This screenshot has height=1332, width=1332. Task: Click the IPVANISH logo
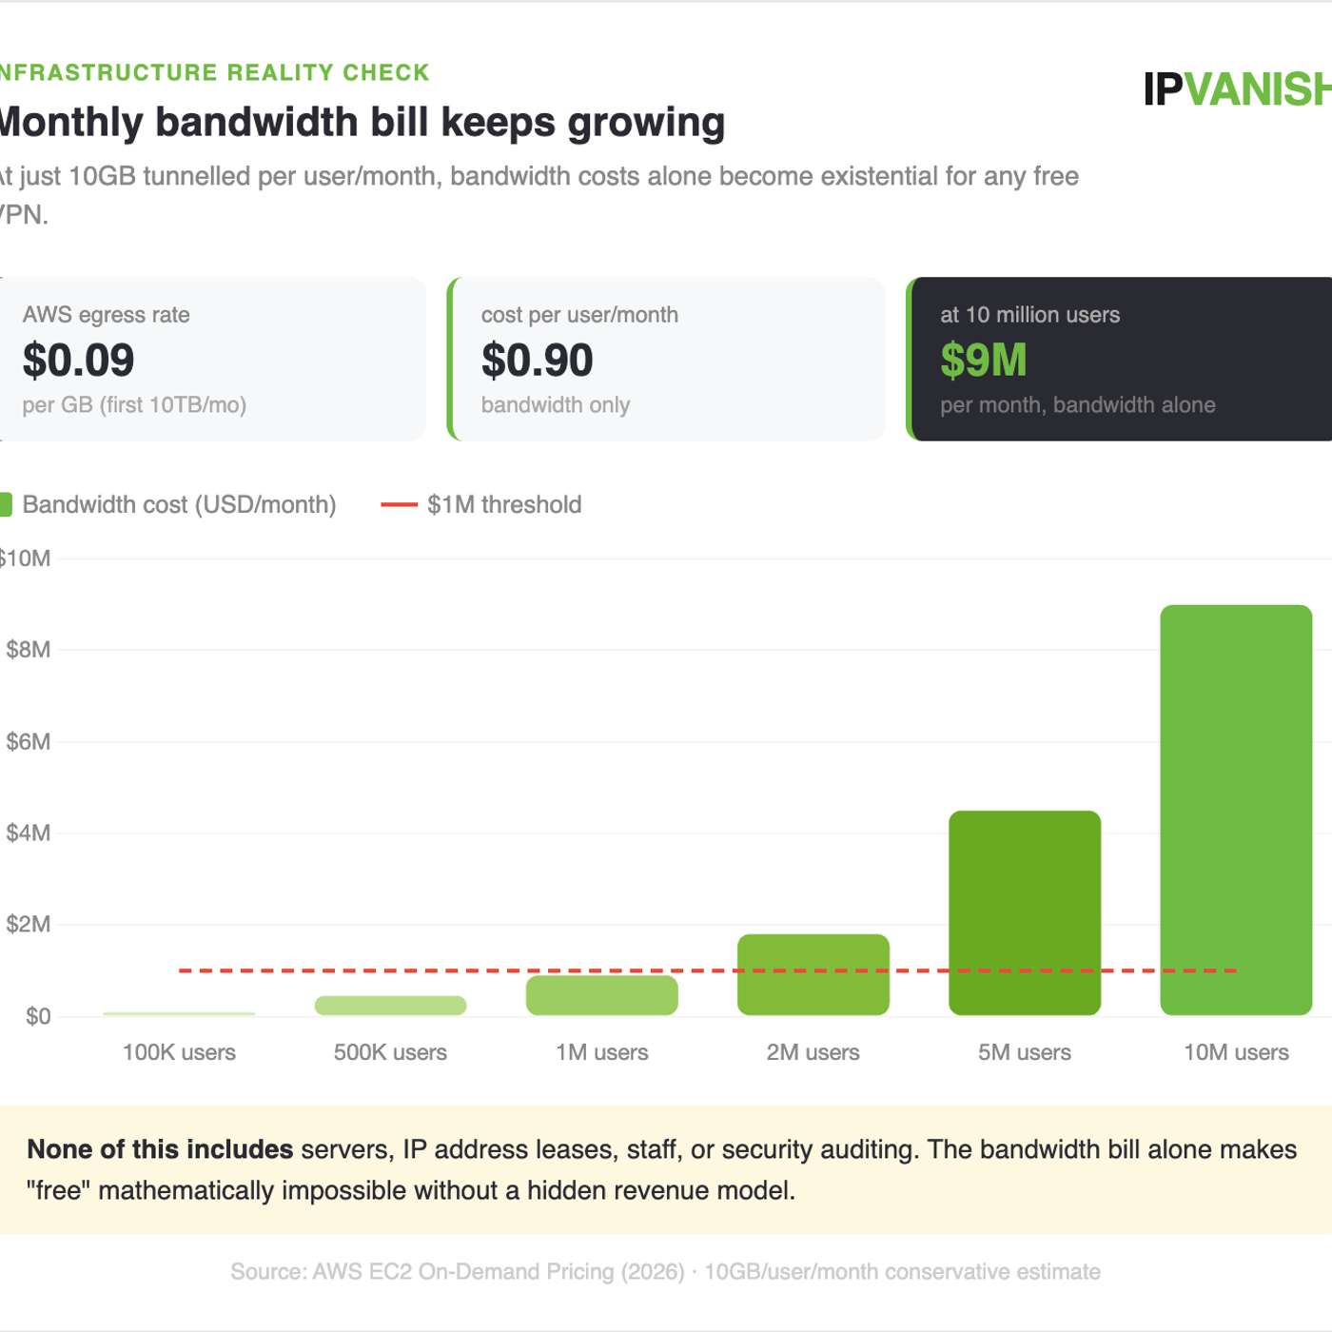coord(1237,89)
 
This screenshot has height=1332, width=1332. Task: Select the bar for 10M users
coord(1235,810)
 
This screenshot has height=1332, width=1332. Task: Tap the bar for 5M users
coord(1024,912)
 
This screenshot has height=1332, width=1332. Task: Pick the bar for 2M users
coord(813,974)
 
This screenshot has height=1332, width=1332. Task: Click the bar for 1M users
coord(601,995)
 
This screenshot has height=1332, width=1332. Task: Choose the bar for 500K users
coord(390,1006)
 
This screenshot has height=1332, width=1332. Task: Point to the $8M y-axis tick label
coord(28,650)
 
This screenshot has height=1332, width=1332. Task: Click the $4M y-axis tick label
coord(28,833)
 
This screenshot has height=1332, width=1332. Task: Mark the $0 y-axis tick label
coord(38,1016)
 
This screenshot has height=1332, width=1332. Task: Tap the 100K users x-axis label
coord(179,1052)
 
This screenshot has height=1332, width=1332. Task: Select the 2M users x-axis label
coord(813,1052)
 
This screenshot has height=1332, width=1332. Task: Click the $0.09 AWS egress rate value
coord(78,360)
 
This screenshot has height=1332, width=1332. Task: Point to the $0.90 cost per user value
coord(537,360)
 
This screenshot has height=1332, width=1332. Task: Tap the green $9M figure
coord(983,360)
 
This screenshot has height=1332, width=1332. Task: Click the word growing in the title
coord(646,123)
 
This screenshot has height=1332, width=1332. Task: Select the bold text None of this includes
coord(160,1149)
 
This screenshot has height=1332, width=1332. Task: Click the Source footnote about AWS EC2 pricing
coord(665,1272)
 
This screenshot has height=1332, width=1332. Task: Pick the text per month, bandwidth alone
coord(1077,405)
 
